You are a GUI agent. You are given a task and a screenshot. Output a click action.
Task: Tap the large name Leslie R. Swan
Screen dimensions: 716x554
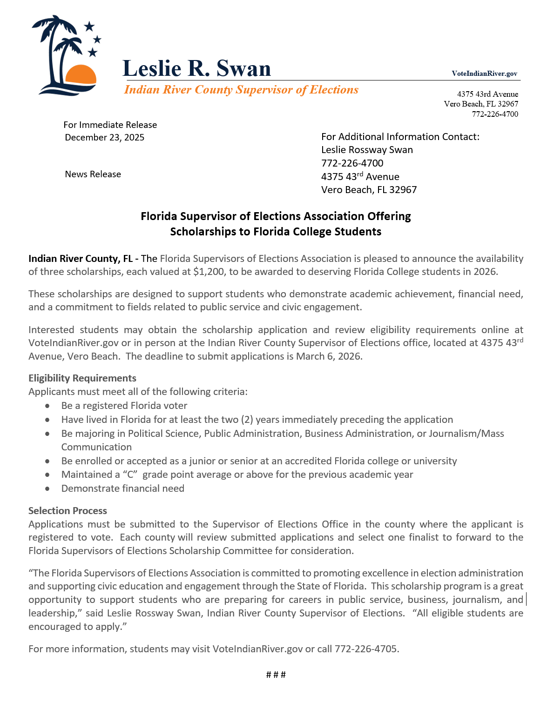pos(196,68)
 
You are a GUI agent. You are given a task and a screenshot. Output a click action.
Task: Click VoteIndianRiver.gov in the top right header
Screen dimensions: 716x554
pos(484,74)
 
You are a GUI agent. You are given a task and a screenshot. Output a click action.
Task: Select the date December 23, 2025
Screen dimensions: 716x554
pos(105,137)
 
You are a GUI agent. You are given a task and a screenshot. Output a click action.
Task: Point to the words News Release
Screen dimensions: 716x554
pos(93,174)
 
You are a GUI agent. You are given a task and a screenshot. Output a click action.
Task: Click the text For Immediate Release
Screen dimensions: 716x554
pos(110,125)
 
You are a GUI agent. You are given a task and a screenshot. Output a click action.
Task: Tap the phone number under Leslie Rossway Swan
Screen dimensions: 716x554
pos(352,163)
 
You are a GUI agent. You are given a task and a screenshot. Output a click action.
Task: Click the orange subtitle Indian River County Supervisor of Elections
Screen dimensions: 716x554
pos(241,90)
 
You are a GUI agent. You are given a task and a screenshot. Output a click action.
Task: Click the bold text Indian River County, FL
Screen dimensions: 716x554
pos(81,259)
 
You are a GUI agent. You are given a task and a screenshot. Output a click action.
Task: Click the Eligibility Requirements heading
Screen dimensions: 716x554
pos(82,378)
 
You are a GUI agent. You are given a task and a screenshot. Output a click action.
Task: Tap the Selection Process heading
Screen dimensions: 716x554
pos(68,511)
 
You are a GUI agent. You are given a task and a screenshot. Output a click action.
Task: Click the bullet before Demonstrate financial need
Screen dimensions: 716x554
pos(47,489)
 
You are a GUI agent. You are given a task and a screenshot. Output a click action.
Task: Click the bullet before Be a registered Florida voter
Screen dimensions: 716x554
pos(47,406)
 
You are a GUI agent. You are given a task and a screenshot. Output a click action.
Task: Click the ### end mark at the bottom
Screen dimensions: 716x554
pos(276,675)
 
